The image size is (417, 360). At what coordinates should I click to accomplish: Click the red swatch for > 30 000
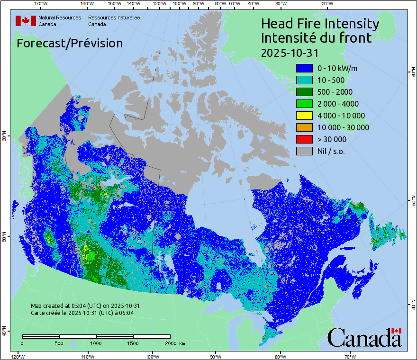click(304, 139)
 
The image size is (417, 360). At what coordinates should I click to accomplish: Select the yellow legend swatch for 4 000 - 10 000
click(304, 116)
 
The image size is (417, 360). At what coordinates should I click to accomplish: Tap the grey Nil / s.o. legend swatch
click(304, 151)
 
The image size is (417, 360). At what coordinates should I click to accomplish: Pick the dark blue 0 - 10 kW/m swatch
click(304, 68)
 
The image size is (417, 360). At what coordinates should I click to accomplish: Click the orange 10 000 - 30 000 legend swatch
click(304, 127)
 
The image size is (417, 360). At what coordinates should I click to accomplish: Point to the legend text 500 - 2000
click(335, 92)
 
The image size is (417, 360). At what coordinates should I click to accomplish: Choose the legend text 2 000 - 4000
click(338, 104)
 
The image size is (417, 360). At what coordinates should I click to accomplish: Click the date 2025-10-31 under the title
click(290, 52)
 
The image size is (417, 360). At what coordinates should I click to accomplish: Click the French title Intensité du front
click(316, 37)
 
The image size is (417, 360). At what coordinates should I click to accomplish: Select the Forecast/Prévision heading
click(70, 43)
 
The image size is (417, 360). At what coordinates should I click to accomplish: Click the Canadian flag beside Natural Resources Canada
click(26, 20)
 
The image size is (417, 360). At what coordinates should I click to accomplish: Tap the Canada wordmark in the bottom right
click(364, 338)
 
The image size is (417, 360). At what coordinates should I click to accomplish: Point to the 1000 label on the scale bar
click(96, 343)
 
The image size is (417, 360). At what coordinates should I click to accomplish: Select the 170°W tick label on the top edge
click(41, 4)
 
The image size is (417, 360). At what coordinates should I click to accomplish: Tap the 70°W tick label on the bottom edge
click(350, 356)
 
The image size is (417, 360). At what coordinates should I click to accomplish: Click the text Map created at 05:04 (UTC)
click(85, 306)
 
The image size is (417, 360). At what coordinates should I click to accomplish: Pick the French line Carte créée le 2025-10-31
click(82, 313)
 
